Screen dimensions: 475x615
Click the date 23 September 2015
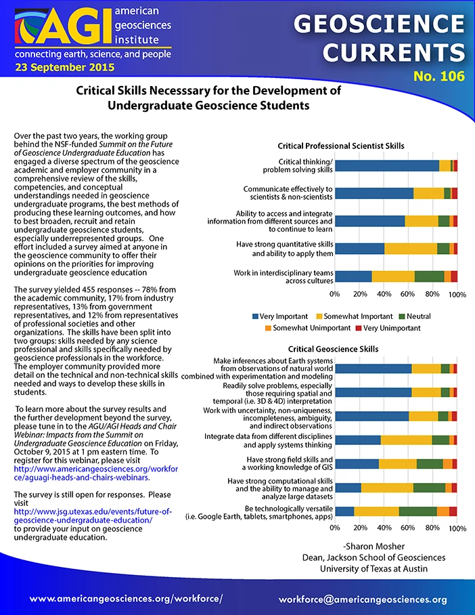pyautogui.click(x=65, y=68)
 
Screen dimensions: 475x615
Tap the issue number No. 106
pyautogui.click(x=439, y=76)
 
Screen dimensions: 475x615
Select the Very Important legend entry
pyautogui.click(x=280, y=316)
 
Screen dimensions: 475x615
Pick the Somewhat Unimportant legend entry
pyautogui.click(x=308, y=328)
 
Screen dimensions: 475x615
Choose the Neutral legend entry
pyautogui.click(x=415, y=316)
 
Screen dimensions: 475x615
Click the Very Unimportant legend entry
pyautogui.click(x=388, y=328)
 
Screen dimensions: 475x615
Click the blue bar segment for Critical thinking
pyautogui.click(x=387, y=166)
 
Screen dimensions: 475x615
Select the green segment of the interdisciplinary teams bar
pyautogui.click(x=429, y=276)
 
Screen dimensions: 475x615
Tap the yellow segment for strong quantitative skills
pyautogui.click(x=411, y=249)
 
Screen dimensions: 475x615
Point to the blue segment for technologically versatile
pyautogui.click(x=345, y=511)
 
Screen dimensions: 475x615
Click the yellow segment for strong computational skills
pyautogui.click(x=387, y=488)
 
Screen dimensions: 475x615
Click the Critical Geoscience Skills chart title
pyautogui.click(x=333, y=349)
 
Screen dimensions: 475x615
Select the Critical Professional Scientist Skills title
pyautogui.click(x=341, y=146)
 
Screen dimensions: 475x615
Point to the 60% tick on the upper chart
pyautogui.click(x=407, y=294)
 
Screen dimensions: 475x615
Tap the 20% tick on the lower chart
pyautogui.click(x=360, y=528)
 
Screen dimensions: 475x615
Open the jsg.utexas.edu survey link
pyautogui.click(x=93, y=515)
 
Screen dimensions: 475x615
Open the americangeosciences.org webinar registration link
pyautogui.click(x=96, y=473)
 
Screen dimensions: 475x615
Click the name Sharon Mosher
pyautogui.click(x=375, y=547)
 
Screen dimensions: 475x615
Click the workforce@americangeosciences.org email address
pyautogui.click(x=363, y=599)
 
